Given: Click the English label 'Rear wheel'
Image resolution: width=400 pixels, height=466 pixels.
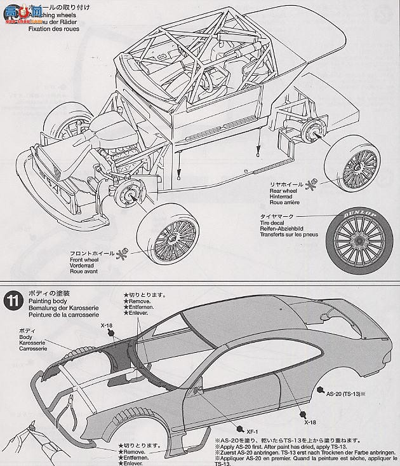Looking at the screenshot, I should (284, 189).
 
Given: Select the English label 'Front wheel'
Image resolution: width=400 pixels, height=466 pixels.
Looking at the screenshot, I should (88, 259).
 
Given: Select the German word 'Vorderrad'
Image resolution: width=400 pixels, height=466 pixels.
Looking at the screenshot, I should (86, 265).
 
